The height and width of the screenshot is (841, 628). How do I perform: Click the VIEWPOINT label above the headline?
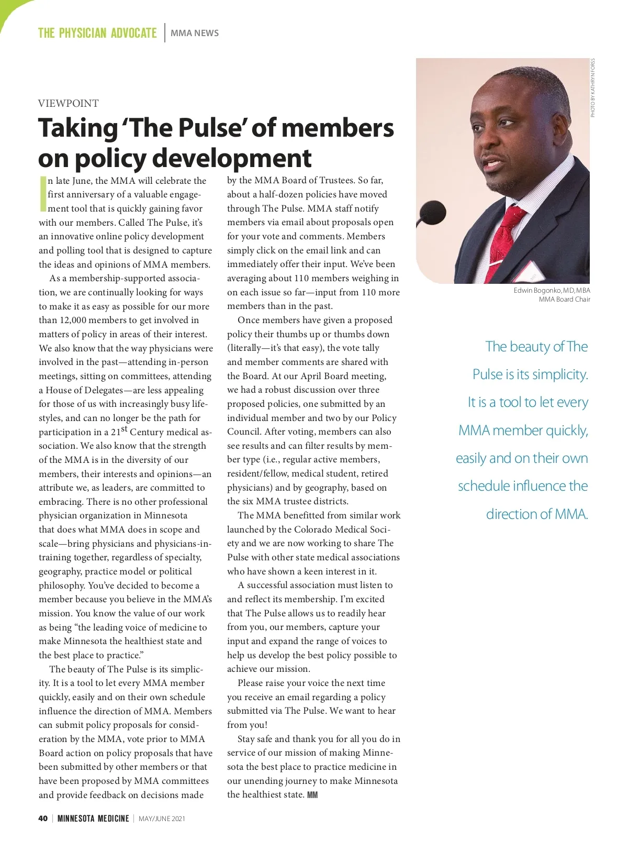[x=68, y=103]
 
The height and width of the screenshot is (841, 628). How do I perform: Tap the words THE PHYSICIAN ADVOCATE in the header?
[x=97, y=33]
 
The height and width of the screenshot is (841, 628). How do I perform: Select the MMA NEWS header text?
[x=195, y=33]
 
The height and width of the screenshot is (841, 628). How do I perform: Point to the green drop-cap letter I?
[x=42, y=194]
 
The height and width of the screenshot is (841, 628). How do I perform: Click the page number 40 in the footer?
[x=43, y=818]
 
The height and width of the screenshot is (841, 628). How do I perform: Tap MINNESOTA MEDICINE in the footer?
[x=93, y=818]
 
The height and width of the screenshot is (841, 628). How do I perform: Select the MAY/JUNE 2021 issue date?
[x=162, y=818]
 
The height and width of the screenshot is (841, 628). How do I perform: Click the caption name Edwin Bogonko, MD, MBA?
[x=552, y=290]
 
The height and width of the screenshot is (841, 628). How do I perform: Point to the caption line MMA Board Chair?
[x=564, y=299]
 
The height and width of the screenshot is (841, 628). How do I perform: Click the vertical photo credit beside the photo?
[x=592, y=87]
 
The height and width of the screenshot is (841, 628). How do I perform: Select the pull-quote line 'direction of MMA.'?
[x=536, y=514]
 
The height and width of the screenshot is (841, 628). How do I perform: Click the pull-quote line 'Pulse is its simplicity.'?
[x=530, y=374]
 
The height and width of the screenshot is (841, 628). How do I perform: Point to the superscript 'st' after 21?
[x=124, y=429]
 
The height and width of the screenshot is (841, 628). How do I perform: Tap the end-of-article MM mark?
[x=312, y=795]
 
